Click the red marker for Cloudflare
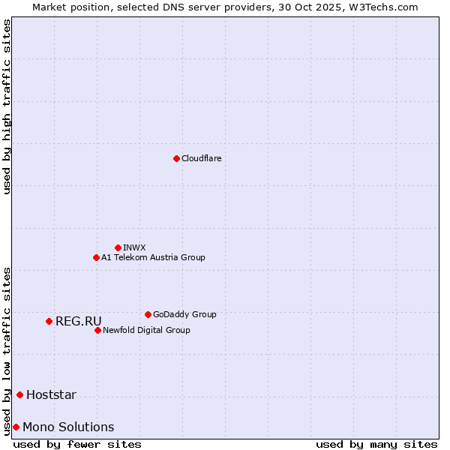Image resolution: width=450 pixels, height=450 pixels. pos(176,158)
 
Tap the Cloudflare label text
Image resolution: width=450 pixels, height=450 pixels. pos(201,158)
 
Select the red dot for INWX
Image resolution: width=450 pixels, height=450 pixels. pos(118,247)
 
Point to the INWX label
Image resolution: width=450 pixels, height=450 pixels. pos(134,247)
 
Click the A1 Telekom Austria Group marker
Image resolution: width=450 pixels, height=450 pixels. pos(96,257)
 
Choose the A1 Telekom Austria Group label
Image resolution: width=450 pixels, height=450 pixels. pos(153,257)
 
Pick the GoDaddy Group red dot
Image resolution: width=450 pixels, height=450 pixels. pos(148,314)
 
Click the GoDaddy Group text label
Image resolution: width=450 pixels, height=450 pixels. pos(184,314)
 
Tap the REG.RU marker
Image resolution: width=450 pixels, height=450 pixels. pos(49,321)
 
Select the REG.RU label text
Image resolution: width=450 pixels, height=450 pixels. pos(78,321)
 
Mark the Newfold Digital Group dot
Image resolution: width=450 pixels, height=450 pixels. pos(97,330)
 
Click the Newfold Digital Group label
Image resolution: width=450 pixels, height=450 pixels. pos(146,330)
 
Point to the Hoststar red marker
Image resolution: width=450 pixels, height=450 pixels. pos(19,394)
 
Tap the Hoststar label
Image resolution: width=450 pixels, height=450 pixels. pos(51,394)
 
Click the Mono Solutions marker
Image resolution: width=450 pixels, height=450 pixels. pos(16,427)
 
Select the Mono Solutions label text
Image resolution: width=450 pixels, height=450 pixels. pos(68,427)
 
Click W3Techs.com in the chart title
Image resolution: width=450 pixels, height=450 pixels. pos(386,7)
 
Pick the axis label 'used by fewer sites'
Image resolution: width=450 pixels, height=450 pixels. pos(77,444)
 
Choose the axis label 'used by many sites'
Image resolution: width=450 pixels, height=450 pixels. pos(376,444)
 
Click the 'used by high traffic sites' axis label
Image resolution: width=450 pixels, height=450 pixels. pos(7,106)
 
